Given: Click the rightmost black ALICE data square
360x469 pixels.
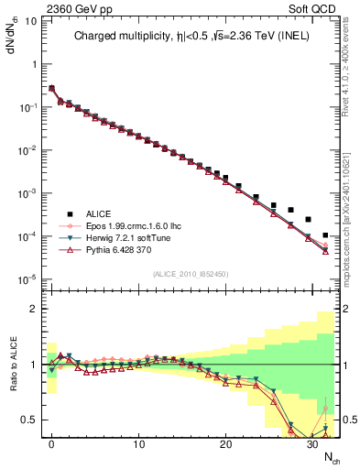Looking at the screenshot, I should tap(325, 235).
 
